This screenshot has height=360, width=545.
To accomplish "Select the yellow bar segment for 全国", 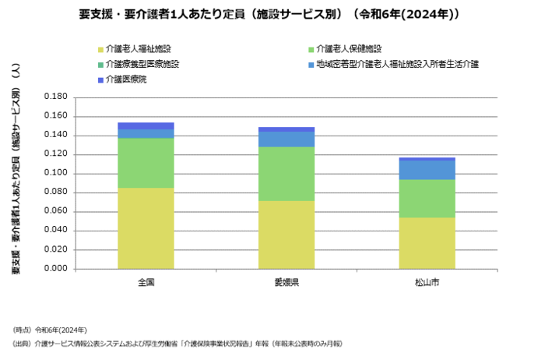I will click(x=146, y=228).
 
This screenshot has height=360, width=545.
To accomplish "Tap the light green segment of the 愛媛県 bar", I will click(x=287, y=174).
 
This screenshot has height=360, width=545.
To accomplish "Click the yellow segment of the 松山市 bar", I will click(x=427, y=243).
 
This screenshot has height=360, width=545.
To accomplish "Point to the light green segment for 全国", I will click(x=146, y=163).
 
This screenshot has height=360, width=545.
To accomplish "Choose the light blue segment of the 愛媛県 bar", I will click(x=287, y=139).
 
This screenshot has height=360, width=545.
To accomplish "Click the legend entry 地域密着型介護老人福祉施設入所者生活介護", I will click(x=392, y=64).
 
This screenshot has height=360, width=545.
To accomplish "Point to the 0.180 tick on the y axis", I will click(x=57, y=97).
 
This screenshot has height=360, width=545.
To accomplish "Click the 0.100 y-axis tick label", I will click(x=57, y=173).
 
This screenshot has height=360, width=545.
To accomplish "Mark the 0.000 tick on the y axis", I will click(x=57, y=269).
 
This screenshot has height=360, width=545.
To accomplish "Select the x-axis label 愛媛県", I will click(x=287, y=281).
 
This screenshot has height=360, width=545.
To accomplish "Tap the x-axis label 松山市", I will click(x=427, y=281).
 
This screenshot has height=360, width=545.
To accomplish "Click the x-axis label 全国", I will click(x=146, y=281).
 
